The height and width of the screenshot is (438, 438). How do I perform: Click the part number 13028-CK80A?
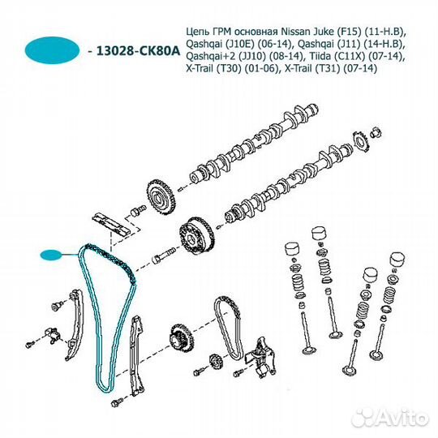[x=138, y=51]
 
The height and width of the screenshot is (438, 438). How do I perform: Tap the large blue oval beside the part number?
[x=52, y=50]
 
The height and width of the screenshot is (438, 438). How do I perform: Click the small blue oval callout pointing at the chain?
[x=50, y=255]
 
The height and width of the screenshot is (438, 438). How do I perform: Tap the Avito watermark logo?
[x=390, y=418]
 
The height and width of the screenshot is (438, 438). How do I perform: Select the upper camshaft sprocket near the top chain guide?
[x=161, y=198]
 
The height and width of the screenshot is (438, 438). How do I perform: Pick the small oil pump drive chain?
[x=229, y=328]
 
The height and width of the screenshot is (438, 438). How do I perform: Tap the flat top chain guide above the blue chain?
[x=111, y=225]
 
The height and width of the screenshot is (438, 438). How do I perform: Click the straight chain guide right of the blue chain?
[x=137, y=356]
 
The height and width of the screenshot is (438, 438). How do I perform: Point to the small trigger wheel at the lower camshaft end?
[x=361, y=143]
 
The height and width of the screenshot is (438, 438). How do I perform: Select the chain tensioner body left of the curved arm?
[x=53, y=335]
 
